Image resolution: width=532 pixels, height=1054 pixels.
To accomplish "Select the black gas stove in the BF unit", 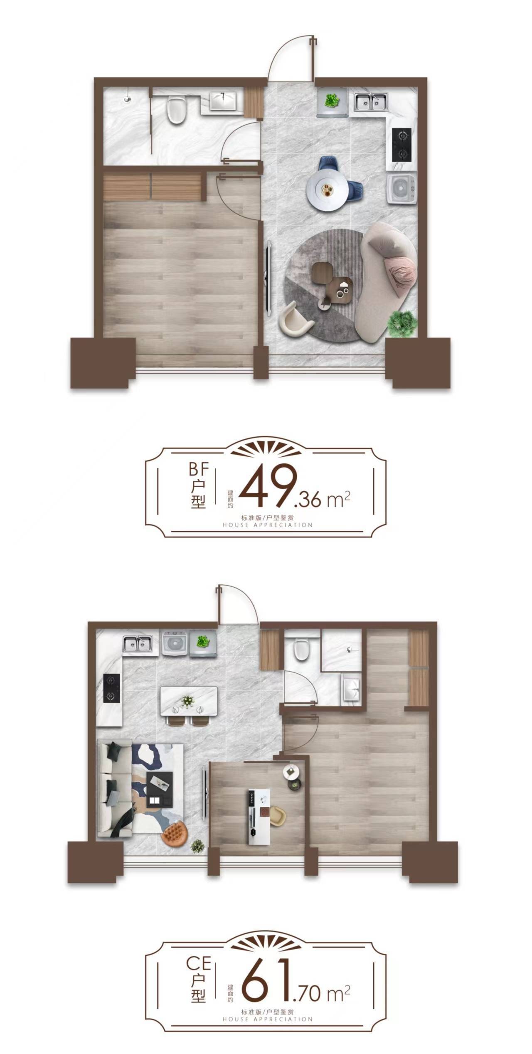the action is pyautogui.click(x=401, y=144).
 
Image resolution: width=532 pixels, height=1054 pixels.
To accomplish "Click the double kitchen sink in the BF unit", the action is pyautogui.click(x=371, y=101).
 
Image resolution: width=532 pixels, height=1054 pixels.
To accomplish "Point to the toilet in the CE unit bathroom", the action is pyautogui.click(x=301, y=649).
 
